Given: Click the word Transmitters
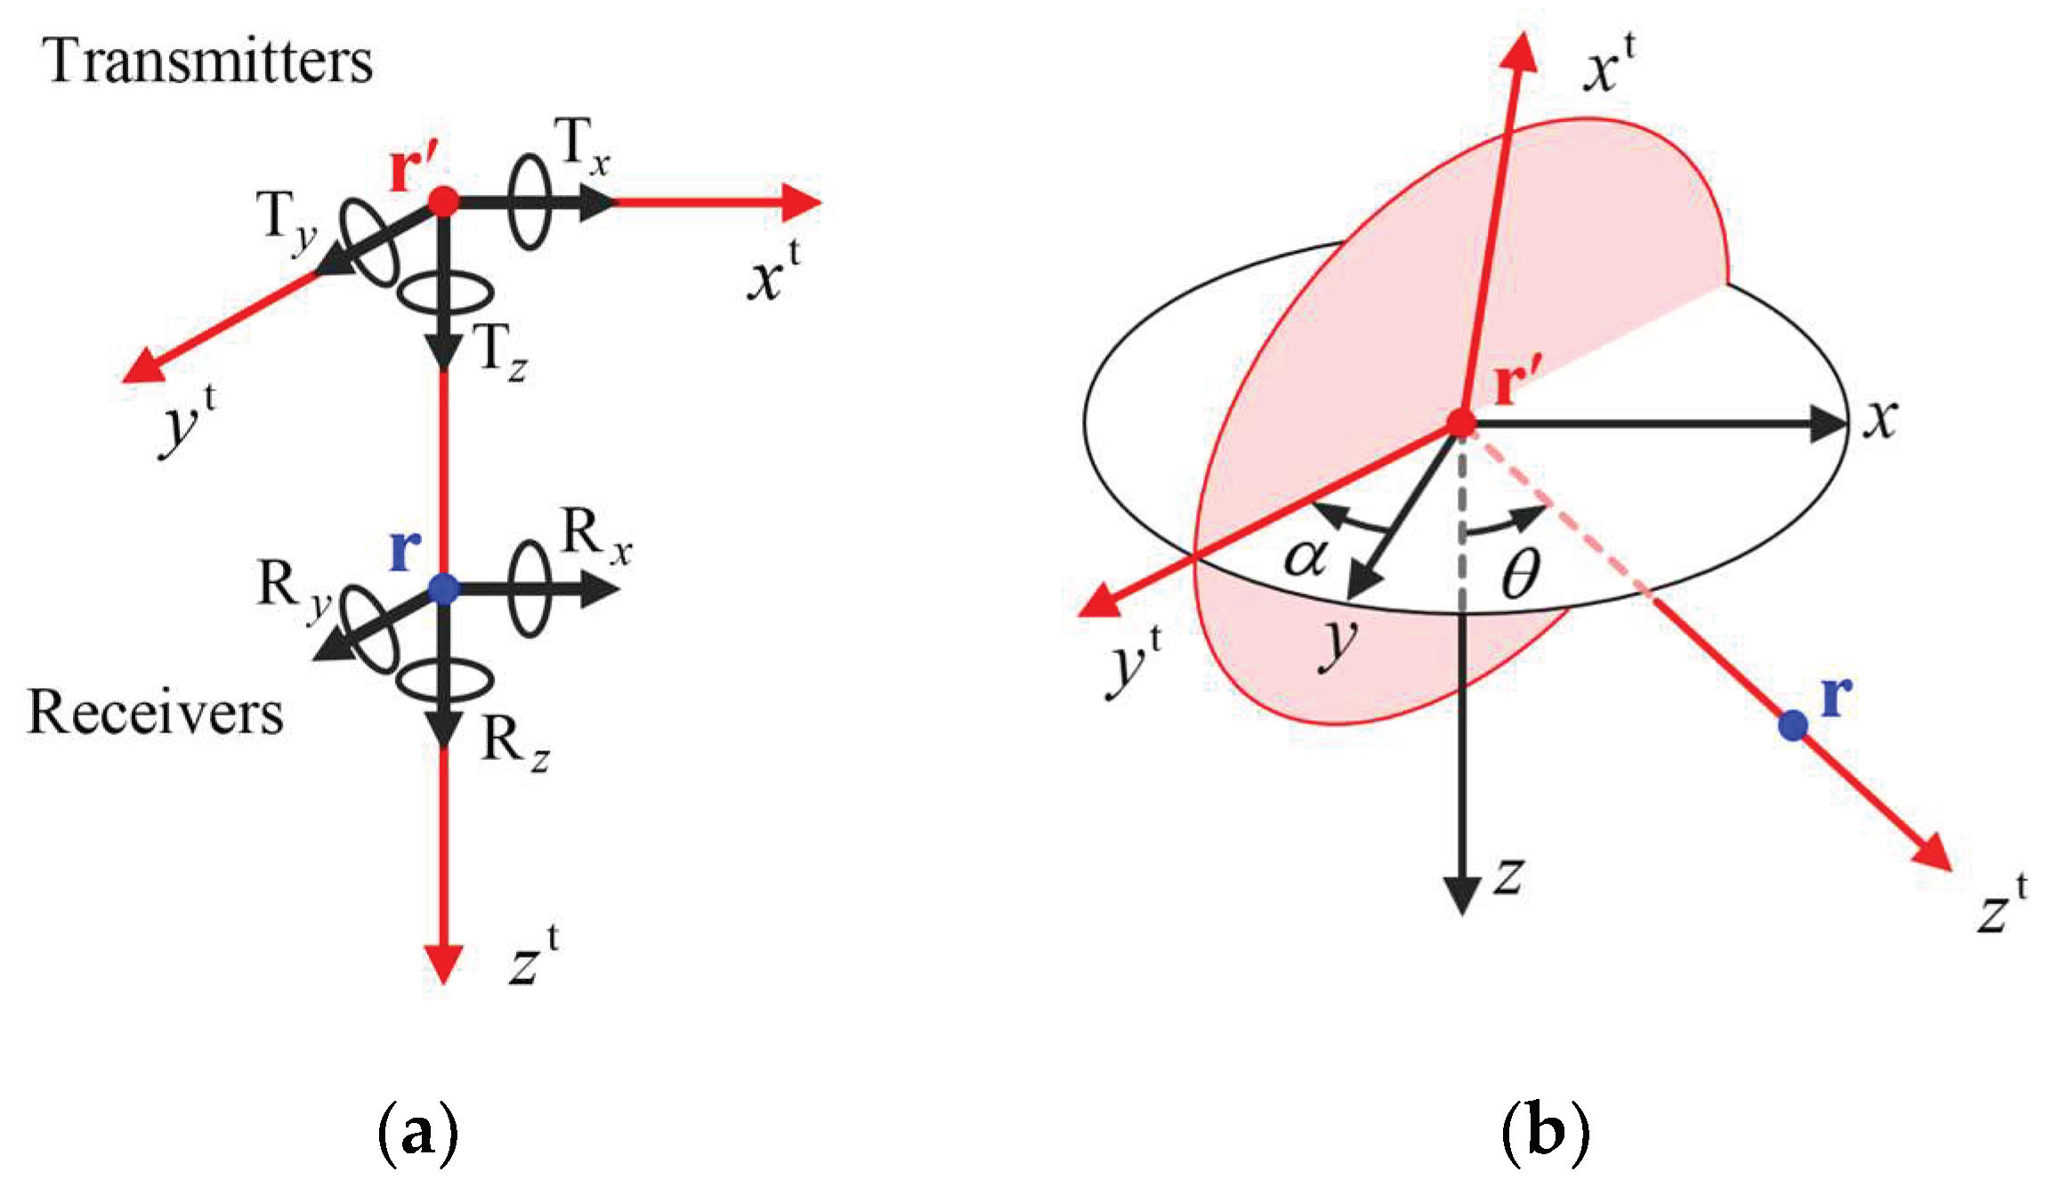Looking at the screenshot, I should [208, 61].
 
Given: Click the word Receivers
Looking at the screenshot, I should [156, 713].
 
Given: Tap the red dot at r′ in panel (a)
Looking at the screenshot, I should [443, 201].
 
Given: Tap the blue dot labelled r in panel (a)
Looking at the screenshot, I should [443, 588].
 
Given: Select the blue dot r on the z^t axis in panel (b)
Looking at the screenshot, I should [1792, 725].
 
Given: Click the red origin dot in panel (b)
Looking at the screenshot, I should [1461, 423].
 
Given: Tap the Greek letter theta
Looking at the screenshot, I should [1521, 574].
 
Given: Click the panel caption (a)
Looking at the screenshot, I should [418, 1132].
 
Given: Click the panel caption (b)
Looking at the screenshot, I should [1545, 1132].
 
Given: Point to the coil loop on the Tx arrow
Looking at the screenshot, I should [529, 201].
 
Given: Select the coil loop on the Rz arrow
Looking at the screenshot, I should [443, 681].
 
